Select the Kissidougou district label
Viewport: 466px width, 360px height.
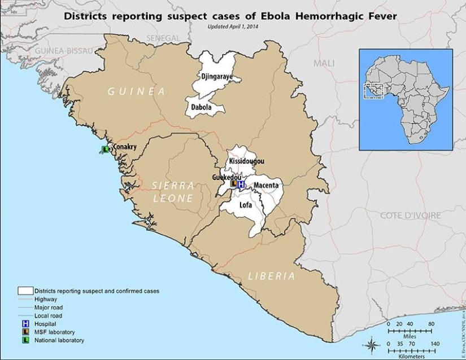point(246,161)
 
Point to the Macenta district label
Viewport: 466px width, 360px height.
point(265,185)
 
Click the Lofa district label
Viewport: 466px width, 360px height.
point(245,205)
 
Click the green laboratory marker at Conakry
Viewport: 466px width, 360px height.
point(104,150)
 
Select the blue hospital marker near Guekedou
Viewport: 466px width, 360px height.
point(241,185)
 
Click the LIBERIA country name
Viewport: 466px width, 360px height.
point(272,276)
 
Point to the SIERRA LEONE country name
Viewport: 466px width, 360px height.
point(173,192)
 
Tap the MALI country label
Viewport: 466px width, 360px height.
point(324,63)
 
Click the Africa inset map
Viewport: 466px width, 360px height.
point(406,99)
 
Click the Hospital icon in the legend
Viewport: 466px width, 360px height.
point(25,324)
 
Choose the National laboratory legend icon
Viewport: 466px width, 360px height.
point(25,340)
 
